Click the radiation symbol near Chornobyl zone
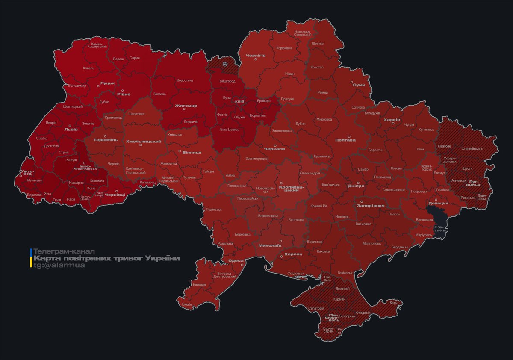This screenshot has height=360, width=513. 225,64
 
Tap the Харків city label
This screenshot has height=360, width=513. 392,120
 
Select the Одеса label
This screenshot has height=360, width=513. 236,260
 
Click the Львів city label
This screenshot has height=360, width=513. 71,129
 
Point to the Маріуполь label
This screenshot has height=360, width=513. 424,235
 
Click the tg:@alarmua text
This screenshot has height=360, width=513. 59,266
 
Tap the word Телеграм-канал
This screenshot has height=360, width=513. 64,251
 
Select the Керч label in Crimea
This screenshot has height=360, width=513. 393,303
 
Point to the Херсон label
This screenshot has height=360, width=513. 293,254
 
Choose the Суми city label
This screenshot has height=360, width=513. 359,85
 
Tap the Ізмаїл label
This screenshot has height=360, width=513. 187,304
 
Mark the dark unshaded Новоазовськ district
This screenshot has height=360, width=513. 437,216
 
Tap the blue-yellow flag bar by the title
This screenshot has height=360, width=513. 31,258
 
